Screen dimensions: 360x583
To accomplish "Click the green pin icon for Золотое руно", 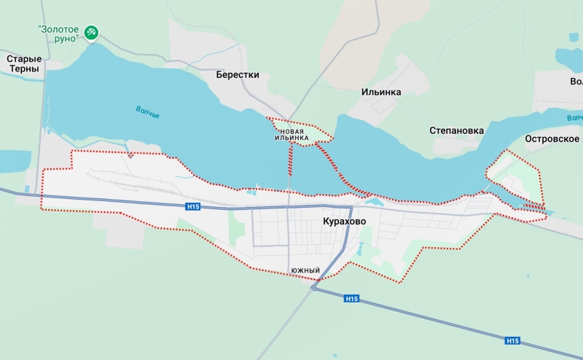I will [x=91, y=33].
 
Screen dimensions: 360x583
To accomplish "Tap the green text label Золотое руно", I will [x=58, y=33].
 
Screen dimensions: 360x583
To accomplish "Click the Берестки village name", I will [x=238, y=74].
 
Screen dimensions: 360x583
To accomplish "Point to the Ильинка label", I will [x=381, y=93].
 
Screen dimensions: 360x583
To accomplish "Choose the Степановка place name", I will [x=456, y=131].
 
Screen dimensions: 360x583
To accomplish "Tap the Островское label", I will [x=552, y=138].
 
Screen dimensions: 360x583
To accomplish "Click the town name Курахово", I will [x=345, y=221].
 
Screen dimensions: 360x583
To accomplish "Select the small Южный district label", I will [x=305, y=271].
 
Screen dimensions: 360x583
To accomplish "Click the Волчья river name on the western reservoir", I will [x=147, y=111].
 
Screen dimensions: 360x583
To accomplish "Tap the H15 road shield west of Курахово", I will [x=192, y=207].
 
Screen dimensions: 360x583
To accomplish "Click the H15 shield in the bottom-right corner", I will [x=512, y=340].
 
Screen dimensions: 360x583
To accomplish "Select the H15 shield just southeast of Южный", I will [x=352, y=299].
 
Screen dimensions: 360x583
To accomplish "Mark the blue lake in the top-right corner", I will [x=568, y=57].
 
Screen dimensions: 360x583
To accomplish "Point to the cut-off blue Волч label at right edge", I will [x=574, y=117].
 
